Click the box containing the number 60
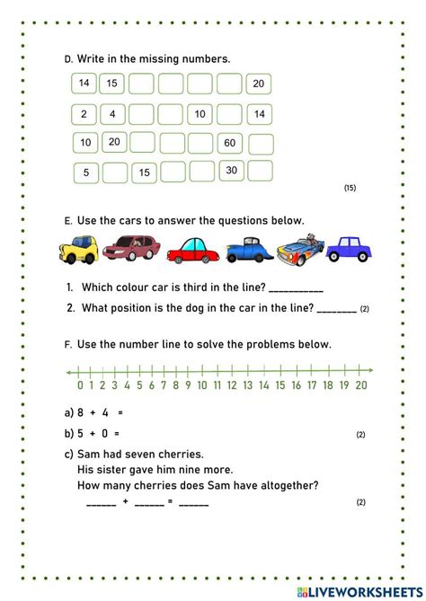pyautogui.click(x=230, y=143)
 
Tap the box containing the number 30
pyautogui.click(x=232, y=171)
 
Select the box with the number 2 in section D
pyautogui.click(x=84, y=114)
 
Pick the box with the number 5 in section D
pyautogui.click(x=84, y=172)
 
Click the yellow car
pyautogui.click(x=79, y=248)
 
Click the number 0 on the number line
pyautogui.click(x=80, y=385)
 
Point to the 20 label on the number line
pyautogui.click(x=360, y=385)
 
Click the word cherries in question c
pyautogui.click(x=179, y=454)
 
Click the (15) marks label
pyautogui.click(x=350, y=188)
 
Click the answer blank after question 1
pyautogui.click(x=296, y=289)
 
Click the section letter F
pyautogui.click(x=67, y=344)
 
